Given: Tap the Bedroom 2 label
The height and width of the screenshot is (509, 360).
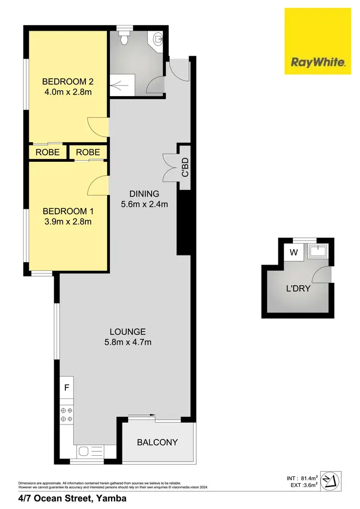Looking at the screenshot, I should coord(67,81).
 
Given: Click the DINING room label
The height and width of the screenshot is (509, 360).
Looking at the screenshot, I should coord(144,194).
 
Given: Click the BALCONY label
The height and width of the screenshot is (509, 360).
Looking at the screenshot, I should coord(158,442).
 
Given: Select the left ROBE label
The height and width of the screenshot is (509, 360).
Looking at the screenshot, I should coord(48,152).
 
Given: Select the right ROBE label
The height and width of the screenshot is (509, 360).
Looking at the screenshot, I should coord(88,152).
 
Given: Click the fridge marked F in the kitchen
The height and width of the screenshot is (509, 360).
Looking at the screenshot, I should coord(66,387).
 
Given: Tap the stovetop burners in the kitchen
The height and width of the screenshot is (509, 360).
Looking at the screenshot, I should coord(66,415).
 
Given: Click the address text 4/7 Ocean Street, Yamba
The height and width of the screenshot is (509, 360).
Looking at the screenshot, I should coord(72,499).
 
